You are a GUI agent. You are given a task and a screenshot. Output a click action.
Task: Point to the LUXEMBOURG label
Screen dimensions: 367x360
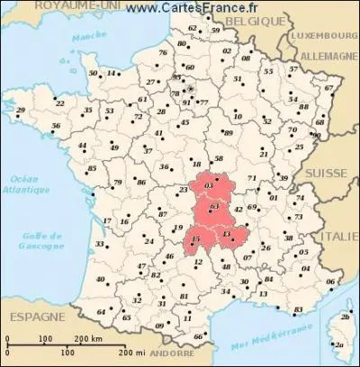click(x=319, y=36)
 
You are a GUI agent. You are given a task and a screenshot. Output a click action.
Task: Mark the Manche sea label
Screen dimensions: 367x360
click(x=85, y=39)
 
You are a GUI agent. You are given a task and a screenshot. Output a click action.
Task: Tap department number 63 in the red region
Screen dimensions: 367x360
click(x=212, y=206)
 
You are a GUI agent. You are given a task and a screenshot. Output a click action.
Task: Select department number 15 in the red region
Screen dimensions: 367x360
click(x=196, y=237)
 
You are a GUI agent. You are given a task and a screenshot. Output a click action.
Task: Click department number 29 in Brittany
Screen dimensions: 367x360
click(x=21, y=110)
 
